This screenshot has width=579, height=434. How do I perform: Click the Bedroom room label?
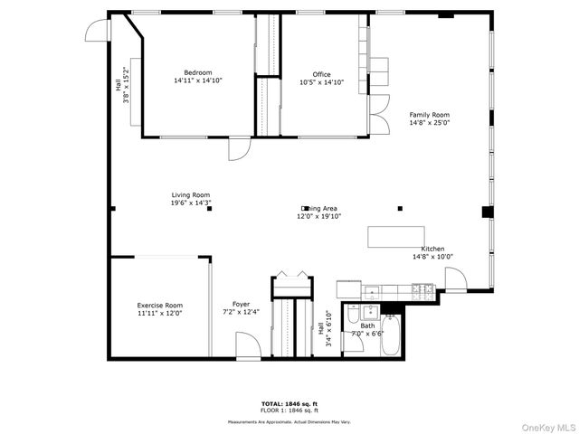197,72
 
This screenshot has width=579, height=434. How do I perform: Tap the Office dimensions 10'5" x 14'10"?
321,82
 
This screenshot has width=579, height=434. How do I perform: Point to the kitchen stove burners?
422,289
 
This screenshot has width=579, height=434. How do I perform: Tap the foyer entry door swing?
246,344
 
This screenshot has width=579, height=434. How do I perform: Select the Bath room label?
366,325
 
